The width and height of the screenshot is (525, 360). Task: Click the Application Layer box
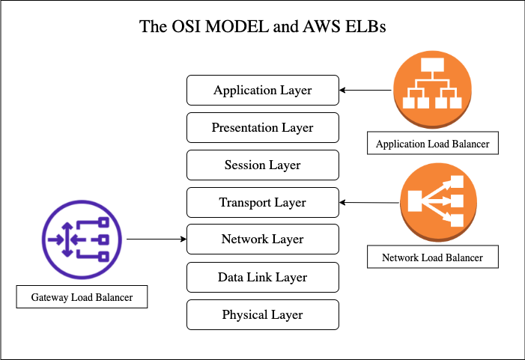click(262, 91)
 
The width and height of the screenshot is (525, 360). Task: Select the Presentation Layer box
click(262, 128)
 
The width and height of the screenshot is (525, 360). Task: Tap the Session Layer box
click(262, 165)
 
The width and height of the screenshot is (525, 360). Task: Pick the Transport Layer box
click(262, 203)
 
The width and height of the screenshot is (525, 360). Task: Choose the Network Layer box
click(262, 240)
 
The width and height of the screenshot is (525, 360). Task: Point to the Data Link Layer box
click(262, 278)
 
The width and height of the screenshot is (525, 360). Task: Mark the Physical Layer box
click(262, 315)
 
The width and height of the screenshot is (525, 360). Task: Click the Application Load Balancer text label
click(433, 144)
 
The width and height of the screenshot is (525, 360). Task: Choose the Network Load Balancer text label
click(432, 257)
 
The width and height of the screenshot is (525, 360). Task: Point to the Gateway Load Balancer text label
click(82, 297)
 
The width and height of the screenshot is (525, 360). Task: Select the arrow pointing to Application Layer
click(365, 91)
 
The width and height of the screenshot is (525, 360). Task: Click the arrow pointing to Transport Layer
click(368, 202)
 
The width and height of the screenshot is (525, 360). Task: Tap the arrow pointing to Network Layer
click(156, 240)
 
